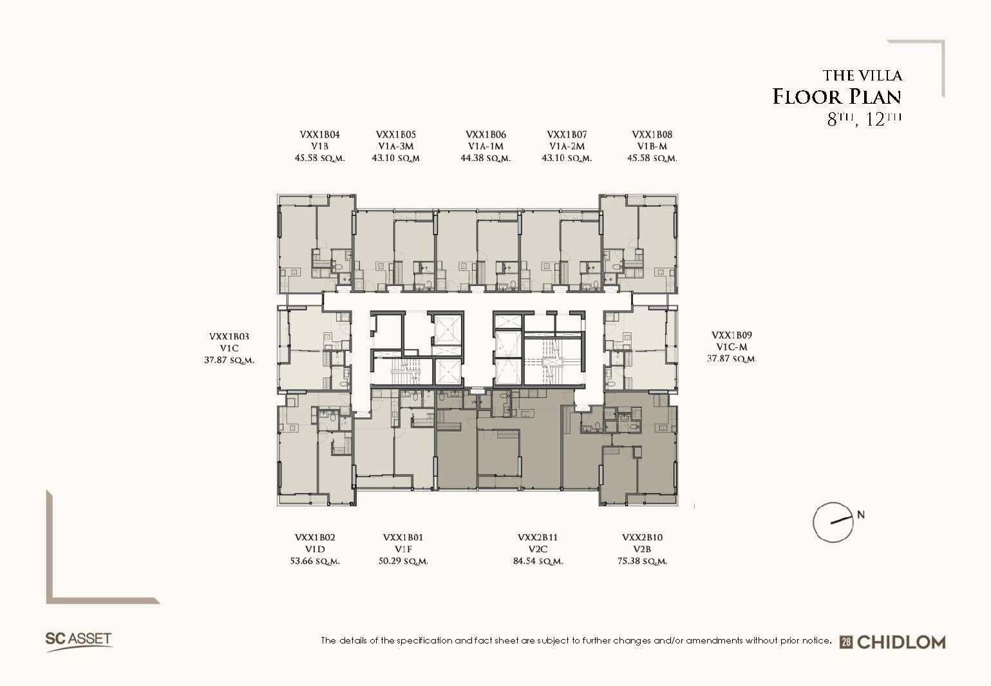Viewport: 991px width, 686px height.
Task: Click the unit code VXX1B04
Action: tap(319, 135)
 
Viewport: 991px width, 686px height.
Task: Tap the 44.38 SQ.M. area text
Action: tap(486, 158)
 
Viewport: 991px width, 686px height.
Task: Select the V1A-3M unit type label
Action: tap(395, 146)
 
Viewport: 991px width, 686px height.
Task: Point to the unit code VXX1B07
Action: tap(566, 135)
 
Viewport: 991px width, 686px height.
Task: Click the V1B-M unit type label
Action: tap(652, 146)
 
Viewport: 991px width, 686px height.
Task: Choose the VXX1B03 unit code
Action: tap(229, 336)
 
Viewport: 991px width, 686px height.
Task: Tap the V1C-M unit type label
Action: tap(731, 347)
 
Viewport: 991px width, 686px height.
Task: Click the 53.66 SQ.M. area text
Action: tap(315, 561)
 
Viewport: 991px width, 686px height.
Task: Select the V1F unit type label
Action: tap(403, 549)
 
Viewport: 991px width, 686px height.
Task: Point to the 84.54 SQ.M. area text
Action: tap(538, 561)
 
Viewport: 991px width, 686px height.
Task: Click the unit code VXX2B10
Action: tap(642, 537)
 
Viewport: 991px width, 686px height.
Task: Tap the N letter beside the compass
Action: tap(861, 515)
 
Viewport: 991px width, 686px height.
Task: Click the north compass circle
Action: tap(814, 522)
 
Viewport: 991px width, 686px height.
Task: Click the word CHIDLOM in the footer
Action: tap(901, 642)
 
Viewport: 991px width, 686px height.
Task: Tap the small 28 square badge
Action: tap(846, 642)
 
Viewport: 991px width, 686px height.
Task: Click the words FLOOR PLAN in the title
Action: tap(836, 97)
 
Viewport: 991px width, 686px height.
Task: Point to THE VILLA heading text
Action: tap(862, 75)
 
